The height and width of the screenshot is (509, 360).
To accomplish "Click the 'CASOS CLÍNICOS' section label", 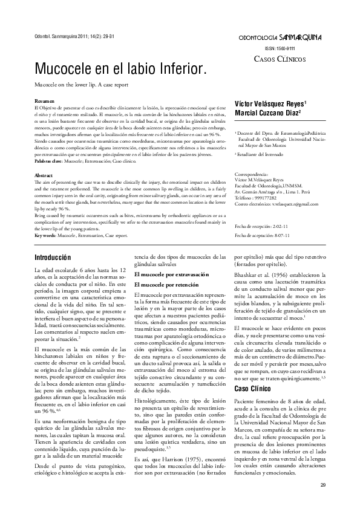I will click(x=280, y=59).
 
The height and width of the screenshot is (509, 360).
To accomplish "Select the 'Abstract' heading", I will click(x=45, y=175).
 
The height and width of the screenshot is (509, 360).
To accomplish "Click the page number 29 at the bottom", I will click(x=322, y=485).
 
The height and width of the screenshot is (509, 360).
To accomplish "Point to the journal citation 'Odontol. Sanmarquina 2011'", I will click(x=70, y=37).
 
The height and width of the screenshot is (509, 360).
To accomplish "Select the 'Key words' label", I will click(x=45, y=234).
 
